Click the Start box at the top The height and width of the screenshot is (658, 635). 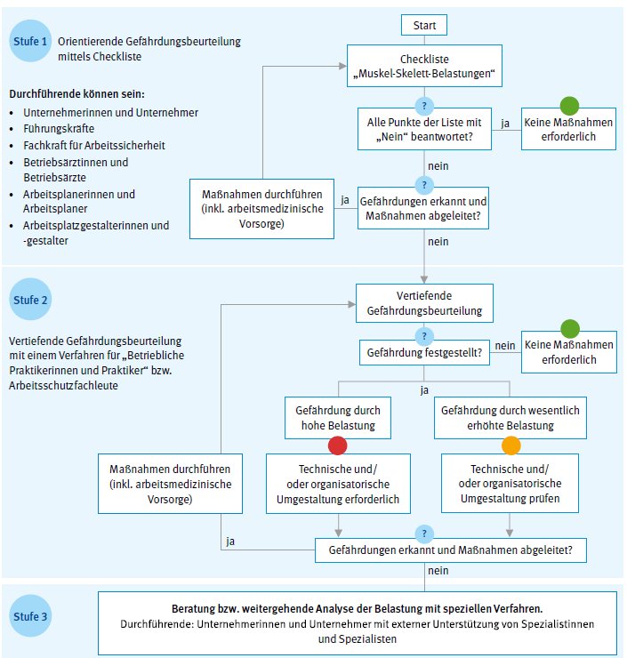click(423, 25)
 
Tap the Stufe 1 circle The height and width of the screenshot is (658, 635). click(31, 42)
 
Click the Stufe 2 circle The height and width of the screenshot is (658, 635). click(31, 301)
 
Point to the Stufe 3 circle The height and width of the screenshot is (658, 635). click(31, 615)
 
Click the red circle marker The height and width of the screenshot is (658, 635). click(337, 444)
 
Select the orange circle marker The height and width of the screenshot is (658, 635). click(510, 444)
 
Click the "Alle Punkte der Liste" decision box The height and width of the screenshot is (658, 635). click(425, 131)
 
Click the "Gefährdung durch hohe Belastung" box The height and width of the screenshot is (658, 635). click(337, 418)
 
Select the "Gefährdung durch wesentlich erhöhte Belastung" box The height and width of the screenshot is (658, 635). click(510, 418)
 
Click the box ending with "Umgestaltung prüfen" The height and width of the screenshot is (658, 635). click(510, 484)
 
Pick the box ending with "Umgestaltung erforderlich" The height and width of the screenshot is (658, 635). click(338, 484)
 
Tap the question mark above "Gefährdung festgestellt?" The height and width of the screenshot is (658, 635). click(425, 335)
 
